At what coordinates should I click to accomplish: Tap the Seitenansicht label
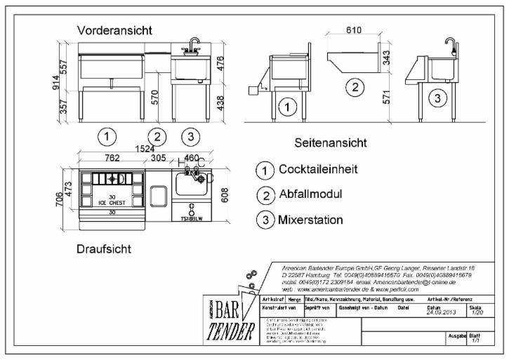tap(331, 143)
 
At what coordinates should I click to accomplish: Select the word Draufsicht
tap(104, 249)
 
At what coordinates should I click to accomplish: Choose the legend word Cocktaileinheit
tap(318, 170)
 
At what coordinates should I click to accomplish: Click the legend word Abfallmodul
tap(310, 194)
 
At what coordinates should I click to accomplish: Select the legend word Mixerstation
tap(311, 220)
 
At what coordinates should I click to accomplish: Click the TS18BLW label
tap(191, 218)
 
